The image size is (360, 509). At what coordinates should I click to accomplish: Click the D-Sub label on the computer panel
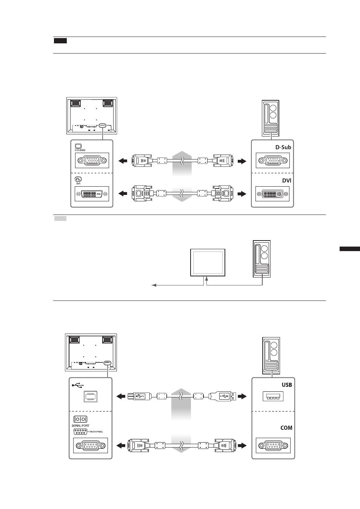283,147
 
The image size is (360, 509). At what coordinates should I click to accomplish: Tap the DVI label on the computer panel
286,181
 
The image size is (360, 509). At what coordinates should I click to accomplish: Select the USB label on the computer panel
287,385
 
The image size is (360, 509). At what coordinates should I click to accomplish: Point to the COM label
286,428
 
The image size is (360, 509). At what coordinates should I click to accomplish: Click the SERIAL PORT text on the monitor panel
80,426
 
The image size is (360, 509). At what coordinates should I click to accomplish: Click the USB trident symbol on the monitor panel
78,385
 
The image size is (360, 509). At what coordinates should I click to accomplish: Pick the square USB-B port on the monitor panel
91,397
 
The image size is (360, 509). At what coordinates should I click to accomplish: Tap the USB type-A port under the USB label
273,397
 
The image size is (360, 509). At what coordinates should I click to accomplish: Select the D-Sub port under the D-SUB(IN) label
92,160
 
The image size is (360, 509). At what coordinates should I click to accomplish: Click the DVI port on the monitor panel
92,194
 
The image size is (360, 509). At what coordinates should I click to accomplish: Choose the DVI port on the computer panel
272,194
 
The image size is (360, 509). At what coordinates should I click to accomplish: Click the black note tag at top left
60,41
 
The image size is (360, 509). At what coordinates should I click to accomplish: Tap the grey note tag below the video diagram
60,219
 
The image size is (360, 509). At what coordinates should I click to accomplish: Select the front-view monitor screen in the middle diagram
208,262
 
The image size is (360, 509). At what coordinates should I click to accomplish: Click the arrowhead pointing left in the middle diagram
154,285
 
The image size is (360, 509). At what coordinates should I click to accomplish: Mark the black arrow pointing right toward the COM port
242,445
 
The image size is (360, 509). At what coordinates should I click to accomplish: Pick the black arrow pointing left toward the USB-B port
121,396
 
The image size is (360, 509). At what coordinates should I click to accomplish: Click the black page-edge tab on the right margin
350,249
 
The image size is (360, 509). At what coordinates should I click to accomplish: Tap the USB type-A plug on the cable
223,396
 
